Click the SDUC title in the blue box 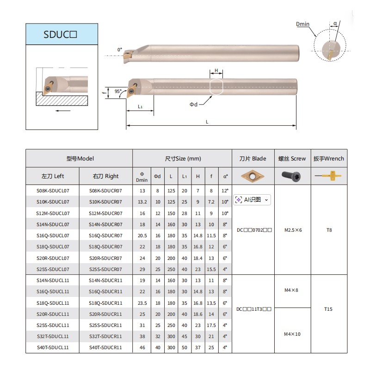pos(60,34)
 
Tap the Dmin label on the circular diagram pos(302,24)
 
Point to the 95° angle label pos(118,91)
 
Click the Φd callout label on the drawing pos(193,105)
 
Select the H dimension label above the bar pos(216,70)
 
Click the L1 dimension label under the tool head pos(140,107)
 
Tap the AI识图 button pos(252,200)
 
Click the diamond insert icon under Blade pos(253,176)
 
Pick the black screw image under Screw pos(291,176)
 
